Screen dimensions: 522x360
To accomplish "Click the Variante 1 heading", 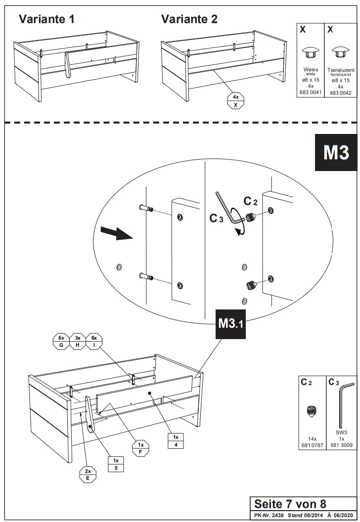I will point(47,19).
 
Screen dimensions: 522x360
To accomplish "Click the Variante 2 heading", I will point(189,19).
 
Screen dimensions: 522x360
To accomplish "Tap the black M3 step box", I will point(336,153).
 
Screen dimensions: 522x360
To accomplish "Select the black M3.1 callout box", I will point(231,325).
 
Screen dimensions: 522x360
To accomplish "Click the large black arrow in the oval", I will point(117,233).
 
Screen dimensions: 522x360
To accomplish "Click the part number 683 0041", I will point(310,92).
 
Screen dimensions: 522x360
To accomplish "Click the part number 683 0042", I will point(340,92).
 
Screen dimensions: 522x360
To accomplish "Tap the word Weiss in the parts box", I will point(311,70).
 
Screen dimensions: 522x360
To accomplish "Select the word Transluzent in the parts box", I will point(340,70).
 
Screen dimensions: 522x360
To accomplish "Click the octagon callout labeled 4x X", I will point(235,101).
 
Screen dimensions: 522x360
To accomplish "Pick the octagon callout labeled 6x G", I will point(61,342).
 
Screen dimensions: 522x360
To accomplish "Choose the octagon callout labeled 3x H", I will point(78,342).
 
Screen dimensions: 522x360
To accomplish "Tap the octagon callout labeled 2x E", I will point(88,475).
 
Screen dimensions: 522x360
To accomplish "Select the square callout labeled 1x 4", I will point(175,440).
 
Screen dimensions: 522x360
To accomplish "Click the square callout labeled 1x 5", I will point(116,464).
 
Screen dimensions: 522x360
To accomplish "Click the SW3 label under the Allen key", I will point(340,432).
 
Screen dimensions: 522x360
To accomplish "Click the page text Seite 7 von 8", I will point(290,504).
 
